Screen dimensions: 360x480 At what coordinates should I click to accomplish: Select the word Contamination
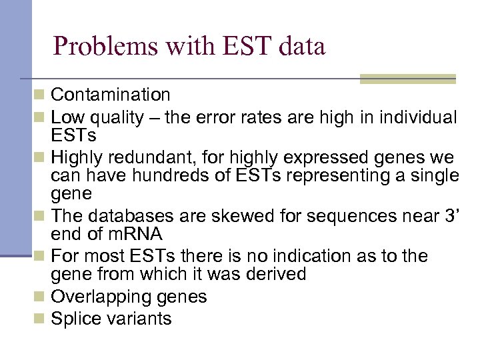click(x=111, y=95)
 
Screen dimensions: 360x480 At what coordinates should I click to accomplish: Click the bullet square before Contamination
click(x=41, y=95)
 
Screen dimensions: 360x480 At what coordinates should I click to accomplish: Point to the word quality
click(x=117, y=118)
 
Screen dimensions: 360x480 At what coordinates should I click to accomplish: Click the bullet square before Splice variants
click(x=41, y=319)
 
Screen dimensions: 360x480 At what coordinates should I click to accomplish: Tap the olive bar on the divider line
click(x=407, y=79)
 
